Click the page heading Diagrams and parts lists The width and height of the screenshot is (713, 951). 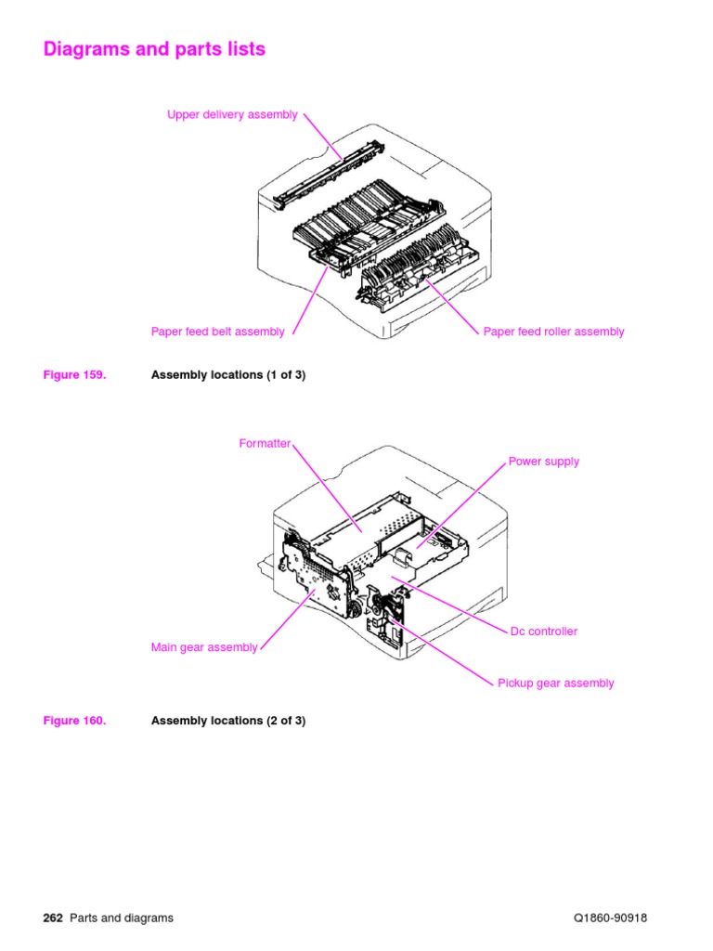(154, 49)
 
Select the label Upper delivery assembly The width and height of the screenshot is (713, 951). (232, 115)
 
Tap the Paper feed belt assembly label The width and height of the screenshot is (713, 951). (218, 332)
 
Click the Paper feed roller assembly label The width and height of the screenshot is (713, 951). (553, 332)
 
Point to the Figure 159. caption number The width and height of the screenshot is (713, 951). (74, 375)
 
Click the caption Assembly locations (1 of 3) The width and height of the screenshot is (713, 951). (227, 375)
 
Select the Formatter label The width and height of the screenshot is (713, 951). (265, 444)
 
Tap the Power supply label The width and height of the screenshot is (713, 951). (543, 462)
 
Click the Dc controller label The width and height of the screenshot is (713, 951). (543, 632)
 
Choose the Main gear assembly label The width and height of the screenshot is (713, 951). (204, 648)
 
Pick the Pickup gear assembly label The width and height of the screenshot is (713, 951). (555, 684)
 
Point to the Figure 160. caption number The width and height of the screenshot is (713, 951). (74, 721)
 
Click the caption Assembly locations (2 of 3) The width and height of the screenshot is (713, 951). (227, 721)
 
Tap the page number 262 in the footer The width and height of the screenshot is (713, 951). (53, 918)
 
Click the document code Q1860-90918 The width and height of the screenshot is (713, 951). (610, 918)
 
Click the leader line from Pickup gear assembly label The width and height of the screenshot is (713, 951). (446, 655)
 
